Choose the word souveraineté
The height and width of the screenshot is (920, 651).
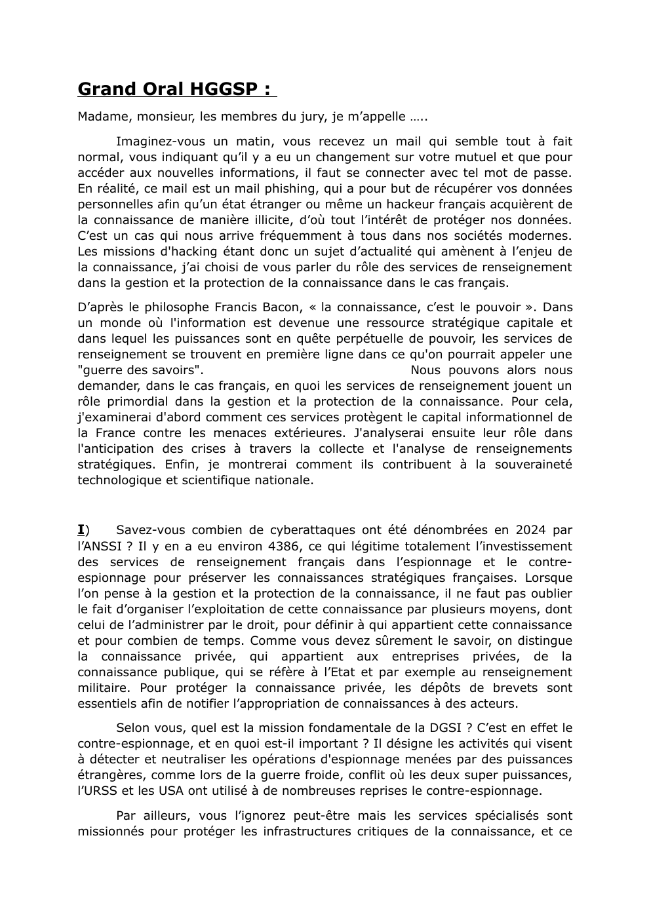coord(532,465)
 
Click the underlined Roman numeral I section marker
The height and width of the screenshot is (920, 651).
coord(81,530)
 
